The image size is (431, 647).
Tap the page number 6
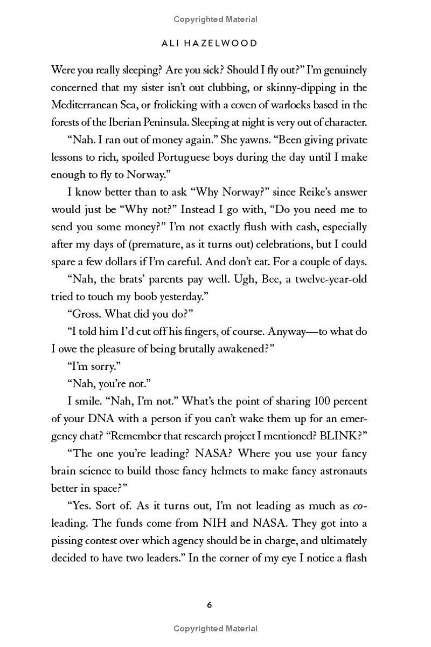(x=210, y=605)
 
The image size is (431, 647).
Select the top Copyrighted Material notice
(x=215, y=19)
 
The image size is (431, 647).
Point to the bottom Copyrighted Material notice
(x=215, y=628)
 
